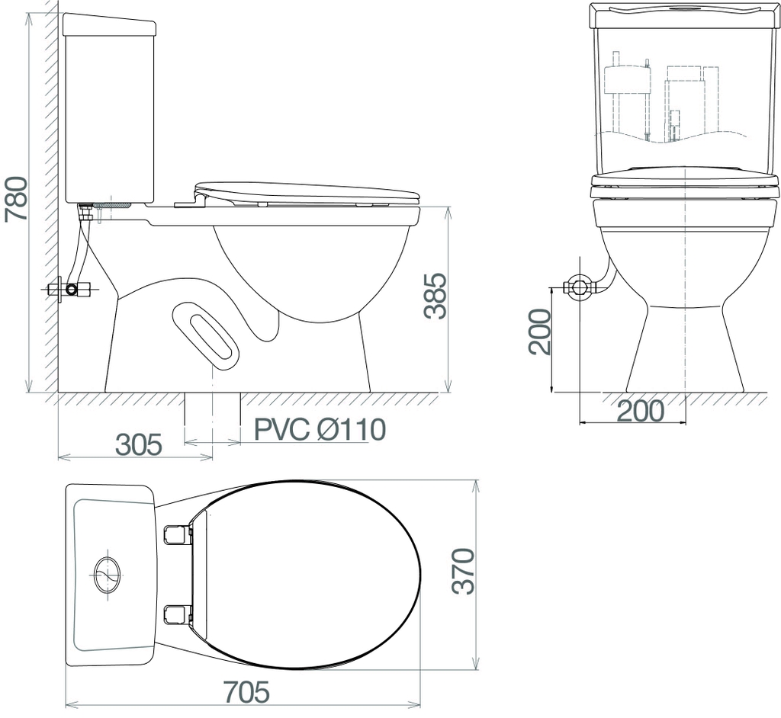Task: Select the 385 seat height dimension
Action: click(x=435, y=295)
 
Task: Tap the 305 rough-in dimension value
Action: click(x=139, y=444)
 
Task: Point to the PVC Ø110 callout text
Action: click(x=320, y=428)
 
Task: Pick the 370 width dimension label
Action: click(x=463, y=571)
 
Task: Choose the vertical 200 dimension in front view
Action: click(x=540, y=332)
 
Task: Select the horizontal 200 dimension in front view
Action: click(x=641, y=411)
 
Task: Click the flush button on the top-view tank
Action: click(x=106, y=574)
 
